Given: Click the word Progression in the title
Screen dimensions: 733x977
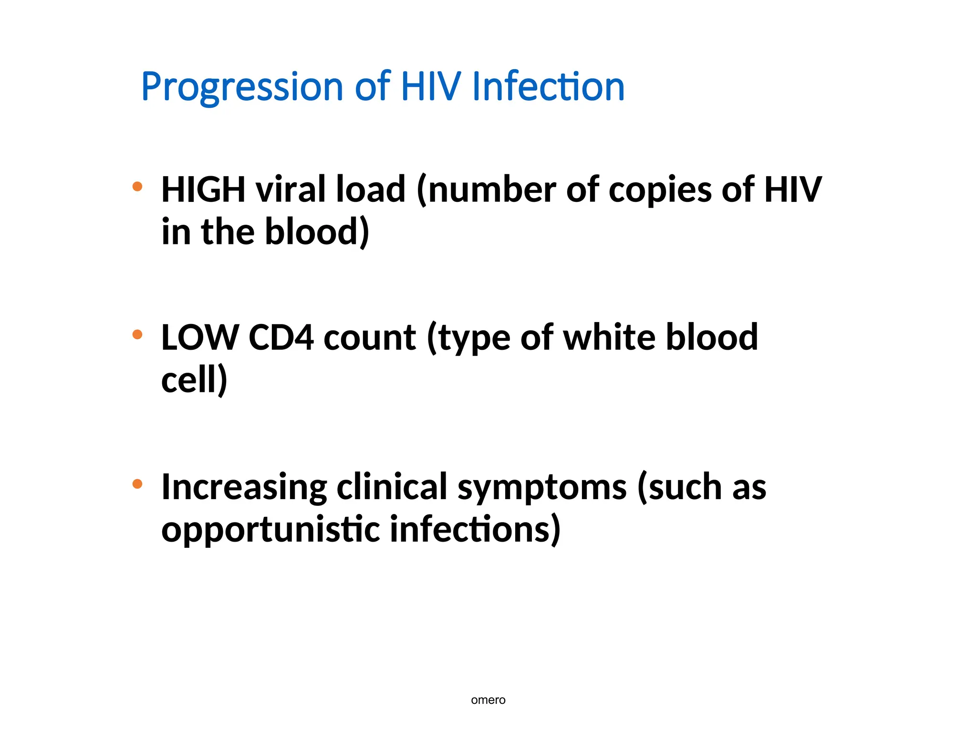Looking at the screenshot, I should point(242,87).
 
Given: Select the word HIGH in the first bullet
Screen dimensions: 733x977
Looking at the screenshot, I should point(203,189).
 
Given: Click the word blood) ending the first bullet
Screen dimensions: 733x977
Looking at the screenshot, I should point(317,232).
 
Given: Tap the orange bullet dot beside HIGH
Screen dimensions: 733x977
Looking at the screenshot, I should point(137,186).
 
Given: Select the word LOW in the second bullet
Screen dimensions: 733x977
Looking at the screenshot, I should point(200,338).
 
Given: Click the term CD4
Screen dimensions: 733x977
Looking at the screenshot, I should point(281,338).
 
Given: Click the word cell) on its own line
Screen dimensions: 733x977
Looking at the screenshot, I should point(194,380).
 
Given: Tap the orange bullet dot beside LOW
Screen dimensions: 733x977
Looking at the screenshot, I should point(137,335).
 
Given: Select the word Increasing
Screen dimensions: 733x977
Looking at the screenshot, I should point(244,488).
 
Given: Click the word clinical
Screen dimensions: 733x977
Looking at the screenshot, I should point(392,487).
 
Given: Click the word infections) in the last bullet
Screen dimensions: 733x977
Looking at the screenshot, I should point(475,530).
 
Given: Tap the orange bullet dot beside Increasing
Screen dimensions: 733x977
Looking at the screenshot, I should point(137,484).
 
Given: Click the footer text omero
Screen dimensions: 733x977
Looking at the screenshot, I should point(488,700).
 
